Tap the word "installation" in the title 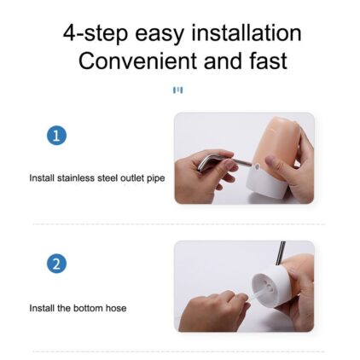247,32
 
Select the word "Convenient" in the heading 138,61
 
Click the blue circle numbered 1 56,136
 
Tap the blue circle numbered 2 56,264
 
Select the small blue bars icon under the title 178,90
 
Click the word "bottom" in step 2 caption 88,308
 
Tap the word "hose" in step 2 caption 116,308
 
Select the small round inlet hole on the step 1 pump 257,167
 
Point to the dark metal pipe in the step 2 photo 281,253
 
